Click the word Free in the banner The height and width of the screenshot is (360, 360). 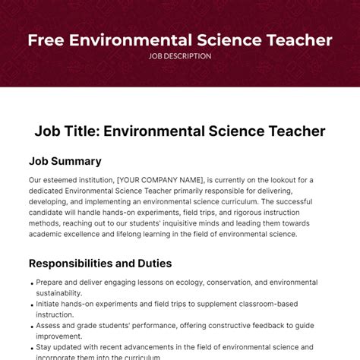pos(45,39)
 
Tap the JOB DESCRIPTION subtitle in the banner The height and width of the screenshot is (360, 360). pos(180,56)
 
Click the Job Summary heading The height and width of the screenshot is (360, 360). pos(65,161)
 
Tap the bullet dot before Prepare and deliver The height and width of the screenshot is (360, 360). pos(31,283)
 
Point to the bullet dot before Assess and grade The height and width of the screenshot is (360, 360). pos(31,325)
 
